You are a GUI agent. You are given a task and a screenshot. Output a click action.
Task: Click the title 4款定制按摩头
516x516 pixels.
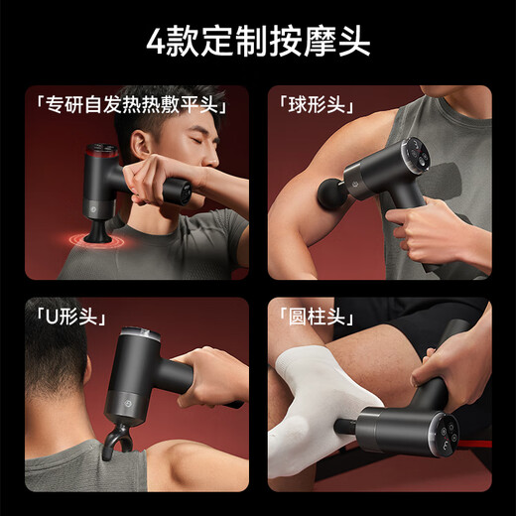click(258, 43)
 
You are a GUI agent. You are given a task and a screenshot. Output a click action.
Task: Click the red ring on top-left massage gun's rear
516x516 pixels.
click(99, 156)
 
